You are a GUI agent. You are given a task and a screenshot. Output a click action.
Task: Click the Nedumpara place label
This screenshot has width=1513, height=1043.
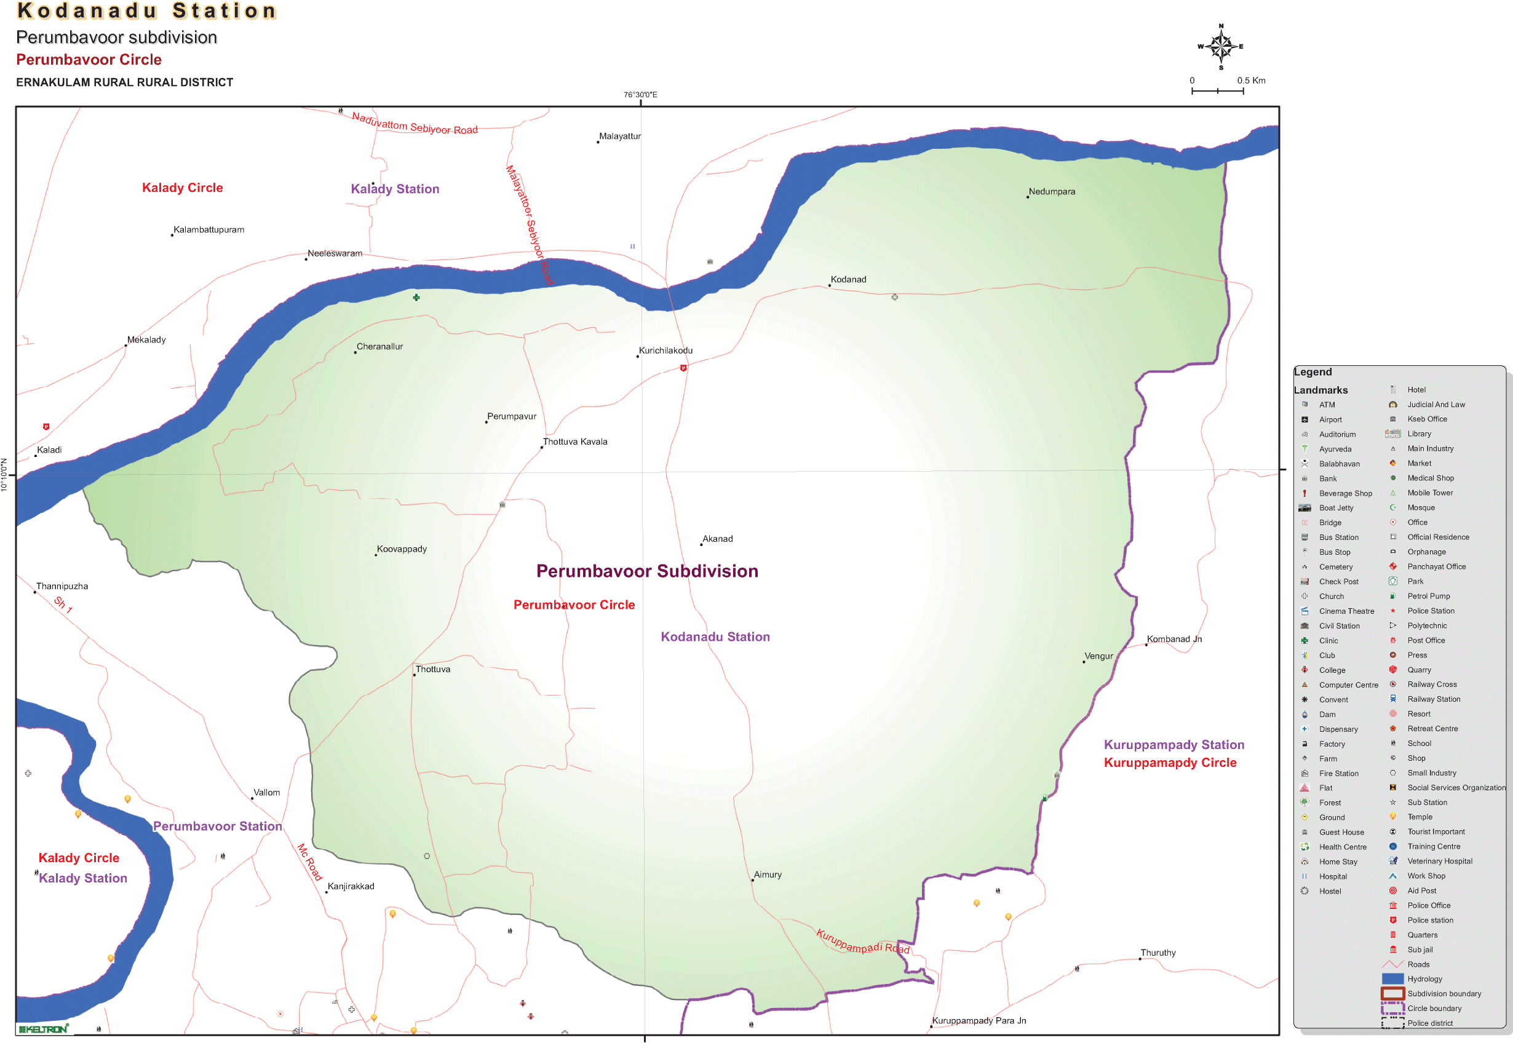(x=1051, y=191)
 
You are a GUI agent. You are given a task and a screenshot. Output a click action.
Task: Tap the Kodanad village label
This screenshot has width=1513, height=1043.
(x=848, y=280)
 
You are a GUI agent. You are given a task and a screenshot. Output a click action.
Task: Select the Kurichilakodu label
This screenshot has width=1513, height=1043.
(x=665, y=351)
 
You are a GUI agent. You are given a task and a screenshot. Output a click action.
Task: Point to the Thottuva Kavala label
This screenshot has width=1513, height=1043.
(x=574, y=442)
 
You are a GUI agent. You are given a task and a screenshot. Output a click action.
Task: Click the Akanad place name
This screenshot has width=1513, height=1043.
(x=717, y=539)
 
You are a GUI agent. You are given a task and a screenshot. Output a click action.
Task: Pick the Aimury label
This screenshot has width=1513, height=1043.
(x=768, y=875)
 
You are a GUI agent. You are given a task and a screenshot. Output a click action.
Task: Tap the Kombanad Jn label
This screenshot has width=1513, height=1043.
(x=1173, y=639)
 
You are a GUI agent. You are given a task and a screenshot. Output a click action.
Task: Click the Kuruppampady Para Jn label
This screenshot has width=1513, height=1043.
(x=979, y=1021)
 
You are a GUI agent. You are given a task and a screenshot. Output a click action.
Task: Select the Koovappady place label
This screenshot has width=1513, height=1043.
(x=401, y=549)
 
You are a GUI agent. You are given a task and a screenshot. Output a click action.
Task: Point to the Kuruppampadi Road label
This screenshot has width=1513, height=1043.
(x=863, y=942)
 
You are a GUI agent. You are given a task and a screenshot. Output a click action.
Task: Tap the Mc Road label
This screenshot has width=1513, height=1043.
(x=310, y=862)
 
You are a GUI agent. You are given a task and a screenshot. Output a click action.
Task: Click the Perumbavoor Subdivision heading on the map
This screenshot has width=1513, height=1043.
(x=647, y=571)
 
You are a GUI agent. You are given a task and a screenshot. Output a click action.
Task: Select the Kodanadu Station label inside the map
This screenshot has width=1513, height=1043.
(x=715, y=637)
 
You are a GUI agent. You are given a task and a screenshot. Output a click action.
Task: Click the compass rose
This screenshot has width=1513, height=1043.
(x=1220, y=46)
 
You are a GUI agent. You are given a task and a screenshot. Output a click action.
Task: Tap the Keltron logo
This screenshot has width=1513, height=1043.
(x=43, y=1029)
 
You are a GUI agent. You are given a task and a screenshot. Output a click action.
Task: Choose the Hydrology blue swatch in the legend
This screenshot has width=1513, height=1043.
(x=1392, y=979)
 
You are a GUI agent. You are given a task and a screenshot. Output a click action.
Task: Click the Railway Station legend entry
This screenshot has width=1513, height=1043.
(x=1433, y=699)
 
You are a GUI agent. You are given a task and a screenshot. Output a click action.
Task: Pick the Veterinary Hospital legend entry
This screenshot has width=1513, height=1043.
(x=1439, y=862)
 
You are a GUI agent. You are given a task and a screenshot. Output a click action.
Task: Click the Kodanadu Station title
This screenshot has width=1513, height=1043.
(x=147, y=11)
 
